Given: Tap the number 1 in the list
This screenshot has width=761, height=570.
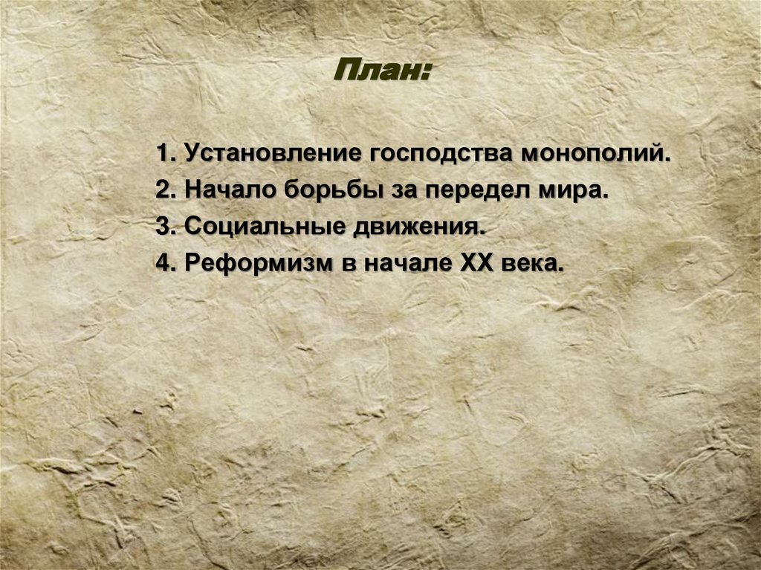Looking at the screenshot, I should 162,155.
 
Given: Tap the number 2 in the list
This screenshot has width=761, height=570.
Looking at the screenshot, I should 162,191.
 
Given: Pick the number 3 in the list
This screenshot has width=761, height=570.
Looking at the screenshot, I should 162,227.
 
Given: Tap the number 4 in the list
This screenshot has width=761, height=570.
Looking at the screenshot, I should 162,262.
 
